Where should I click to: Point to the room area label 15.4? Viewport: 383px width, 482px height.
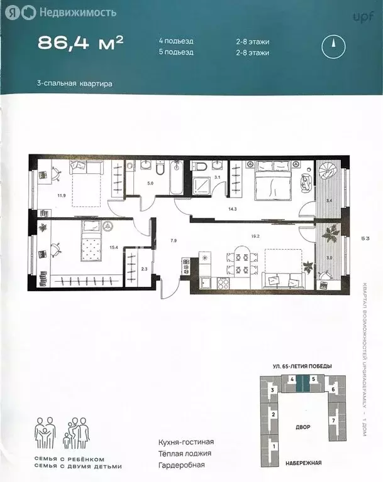[97, 248]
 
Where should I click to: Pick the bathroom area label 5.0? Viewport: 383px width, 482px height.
[150, 184]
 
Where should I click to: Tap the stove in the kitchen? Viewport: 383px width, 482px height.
[208, 281]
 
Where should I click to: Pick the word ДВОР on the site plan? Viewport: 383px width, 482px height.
[302, 427]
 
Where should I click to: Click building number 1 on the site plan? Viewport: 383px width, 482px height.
[273, 446]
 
